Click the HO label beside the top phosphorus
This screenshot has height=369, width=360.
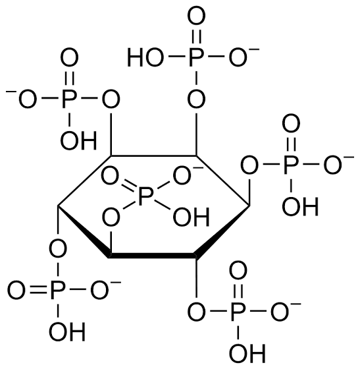[x=145, y=57]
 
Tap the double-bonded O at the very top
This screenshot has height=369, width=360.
[x=196, y=16]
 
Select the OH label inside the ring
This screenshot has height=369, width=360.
[x=191, y=217]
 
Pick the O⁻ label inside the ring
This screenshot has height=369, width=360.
[x=186, y=175]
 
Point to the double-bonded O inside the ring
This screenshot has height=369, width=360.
[x=110, y=175]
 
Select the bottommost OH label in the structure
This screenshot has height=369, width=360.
[x=247, y=353]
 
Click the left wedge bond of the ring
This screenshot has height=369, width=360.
[x=84, y=231]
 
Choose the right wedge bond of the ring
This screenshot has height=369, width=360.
[x=222, y=232]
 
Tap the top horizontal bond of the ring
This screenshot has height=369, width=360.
[x=154, y=156]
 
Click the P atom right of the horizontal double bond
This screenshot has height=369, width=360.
[x=57, y=290]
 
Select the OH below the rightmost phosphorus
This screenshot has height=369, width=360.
[x=300, y=206]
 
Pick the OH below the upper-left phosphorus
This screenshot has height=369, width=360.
[x=79, y=140]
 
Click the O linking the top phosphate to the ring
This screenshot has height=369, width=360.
[x=196, y=99]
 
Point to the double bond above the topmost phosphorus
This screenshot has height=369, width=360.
[x=196, y=36]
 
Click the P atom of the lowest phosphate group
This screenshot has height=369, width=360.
[x=238, y=311]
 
